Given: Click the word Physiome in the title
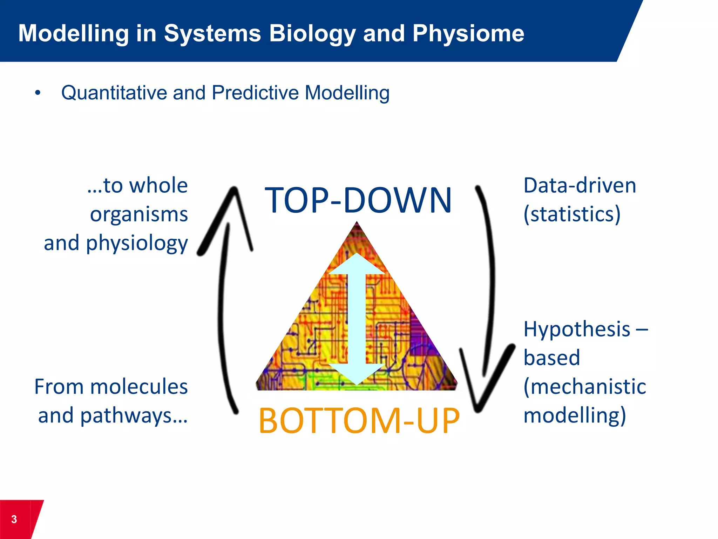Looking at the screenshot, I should [468, 34].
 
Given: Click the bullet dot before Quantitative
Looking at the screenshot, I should [38, 93].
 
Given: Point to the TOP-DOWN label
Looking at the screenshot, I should [358, 200].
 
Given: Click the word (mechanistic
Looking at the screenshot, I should [584, 387].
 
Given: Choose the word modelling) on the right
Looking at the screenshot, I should [575, 415].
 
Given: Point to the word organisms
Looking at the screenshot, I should [139, 214].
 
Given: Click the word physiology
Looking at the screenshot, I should [137, 243].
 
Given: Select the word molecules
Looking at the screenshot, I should [139, 387].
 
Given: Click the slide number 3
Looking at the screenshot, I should [14, 519].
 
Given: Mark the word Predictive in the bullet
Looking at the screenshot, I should [255, 93].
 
